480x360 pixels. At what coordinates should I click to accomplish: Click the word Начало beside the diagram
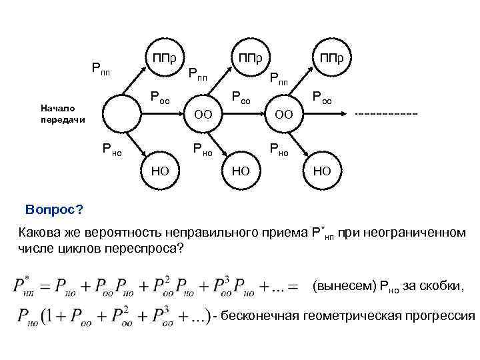[x=57, y=107]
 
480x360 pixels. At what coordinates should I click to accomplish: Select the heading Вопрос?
[x=54, y=211]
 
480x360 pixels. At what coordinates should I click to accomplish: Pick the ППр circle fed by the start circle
[x=164, y=57]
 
